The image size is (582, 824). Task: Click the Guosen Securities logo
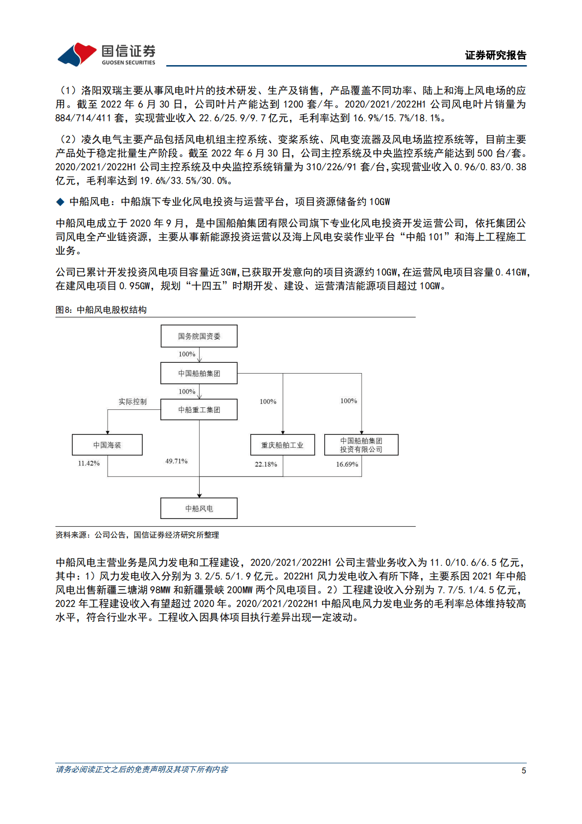coord(107,54)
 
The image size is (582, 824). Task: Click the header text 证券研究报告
coord(495,55)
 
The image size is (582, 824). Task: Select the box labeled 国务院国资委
coord(199,336)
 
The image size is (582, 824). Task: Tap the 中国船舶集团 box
coord(199,374)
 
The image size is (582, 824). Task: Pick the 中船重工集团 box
coord(199,410)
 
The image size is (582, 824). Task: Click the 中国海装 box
coord(107,445)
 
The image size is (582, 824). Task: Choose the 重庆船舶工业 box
coord(282,445)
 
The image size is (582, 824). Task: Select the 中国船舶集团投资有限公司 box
coord(361,445)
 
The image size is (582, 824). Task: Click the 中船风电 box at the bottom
coord(199,509)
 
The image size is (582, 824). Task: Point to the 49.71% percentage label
coord(176,461)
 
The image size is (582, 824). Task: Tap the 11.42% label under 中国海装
coord(89,463)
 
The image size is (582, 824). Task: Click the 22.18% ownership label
coord(266,464)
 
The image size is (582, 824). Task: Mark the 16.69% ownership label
coord(347,464)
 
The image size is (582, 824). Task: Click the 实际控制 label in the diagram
coord(133,401)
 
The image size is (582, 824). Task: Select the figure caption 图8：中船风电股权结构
coord(101,310)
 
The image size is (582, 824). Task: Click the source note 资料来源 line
coord(137,535)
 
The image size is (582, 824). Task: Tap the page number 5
coord(524,771)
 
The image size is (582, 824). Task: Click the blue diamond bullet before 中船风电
coord(60,202)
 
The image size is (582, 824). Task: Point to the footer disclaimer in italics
coord(142,770)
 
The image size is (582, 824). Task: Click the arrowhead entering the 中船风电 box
coord(199,495)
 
